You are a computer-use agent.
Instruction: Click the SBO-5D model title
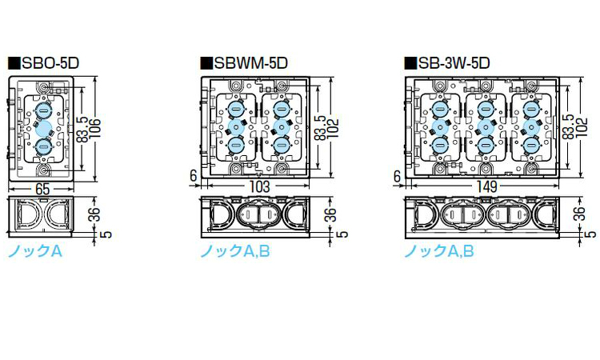coord(50,63)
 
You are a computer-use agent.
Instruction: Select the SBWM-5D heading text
coord(250,63)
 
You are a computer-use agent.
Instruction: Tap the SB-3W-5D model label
coord(454,63)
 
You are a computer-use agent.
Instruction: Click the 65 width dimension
coord(42,189)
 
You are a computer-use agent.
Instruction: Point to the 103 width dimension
coord(260,186)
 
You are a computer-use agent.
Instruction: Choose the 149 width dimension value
coord(487,186)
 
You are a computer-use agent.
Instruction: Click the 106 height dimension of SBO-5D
coord(94,129)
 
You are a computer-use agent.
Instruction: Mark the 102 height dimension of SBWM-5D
coord(333,128)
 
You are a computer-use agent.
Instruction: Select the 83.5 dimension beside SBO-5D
coord(82,130)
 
